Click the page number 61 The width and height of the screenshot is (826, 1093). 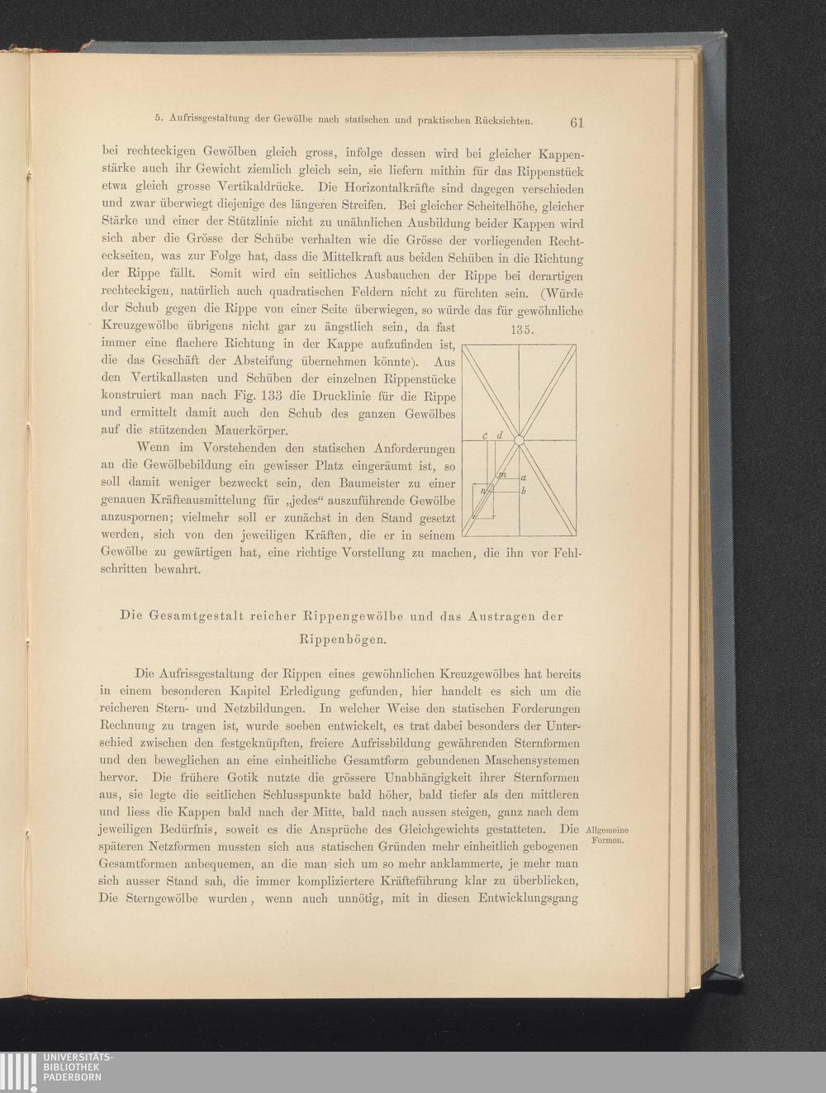tap(577, 123)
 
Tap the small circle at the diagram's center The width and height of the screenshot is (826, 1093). tap(519, 440)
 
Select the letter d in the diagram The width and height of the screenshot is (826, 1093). tap(500, 434)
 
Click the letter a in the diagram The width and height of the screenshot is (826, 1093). tap(524, 478)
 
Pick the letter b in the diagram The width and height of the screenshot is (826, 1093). tap(524, 492)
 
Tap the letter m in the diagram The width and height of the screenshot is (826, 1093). tap(502, 475)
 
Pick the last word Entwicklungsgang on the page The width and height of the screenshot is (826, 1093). tap(527, 898)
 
